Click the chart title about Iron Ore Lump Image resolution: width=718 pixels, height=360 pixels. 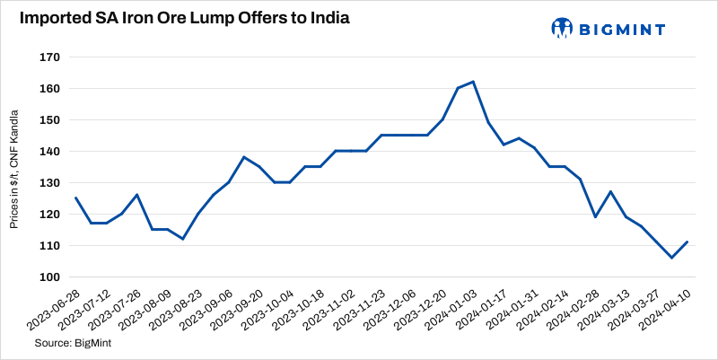click(x=180, y=18)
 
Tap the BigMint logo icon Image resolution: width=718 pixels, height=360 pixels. click(x=562, y=28)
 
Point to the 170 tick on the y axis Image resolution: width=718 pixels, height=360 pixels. click(x=49, y=57)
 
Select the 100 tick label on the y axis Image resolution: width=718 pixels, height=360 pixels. click(x=49, y=277)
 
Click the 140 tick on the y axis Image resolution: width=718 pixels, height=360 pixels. click(x=49, y=152)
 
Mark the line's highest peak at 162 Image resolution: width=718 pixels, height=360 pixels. click(x=473, y=82)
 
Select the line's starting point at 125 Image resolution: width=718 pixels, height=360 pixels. click(x=75, y=198)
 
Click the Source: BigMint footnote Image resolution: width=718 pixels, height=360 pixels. click(x=67, y=344)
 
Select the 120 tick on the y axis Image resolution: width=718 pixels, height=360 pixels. click(x=49, y=215)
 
